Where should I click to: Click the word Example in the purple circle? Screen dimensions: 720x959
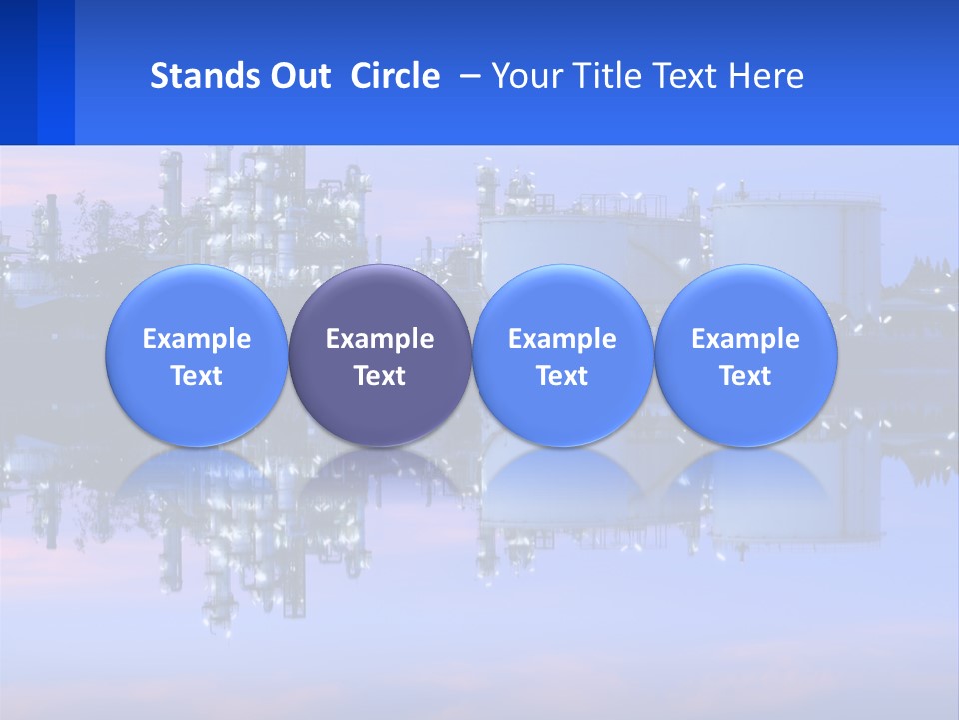click(380, 339)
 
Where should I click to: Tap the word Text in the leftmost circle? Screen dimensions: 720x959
click(196, 376)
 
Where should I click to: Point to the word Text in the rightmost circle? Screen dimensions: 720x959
click(745, 376)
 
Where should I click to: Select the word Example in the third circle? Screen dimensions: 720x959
click(562, 339)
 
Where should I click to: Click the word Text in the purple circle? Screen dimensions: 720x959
click(380, 376)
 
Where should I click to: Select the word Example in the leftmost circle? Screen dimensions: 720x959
click(196, 339)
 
